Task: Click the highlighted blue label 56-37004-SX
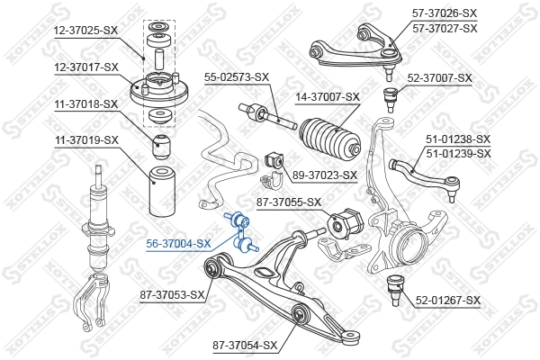click(179, 243)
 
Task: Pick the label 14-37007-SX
click(328, 96)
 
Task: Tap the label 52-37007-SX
click(440, 78)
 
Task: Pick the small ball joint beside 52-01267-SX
click(393, 291)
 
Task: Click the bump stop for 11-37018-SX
click(163, 145)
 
